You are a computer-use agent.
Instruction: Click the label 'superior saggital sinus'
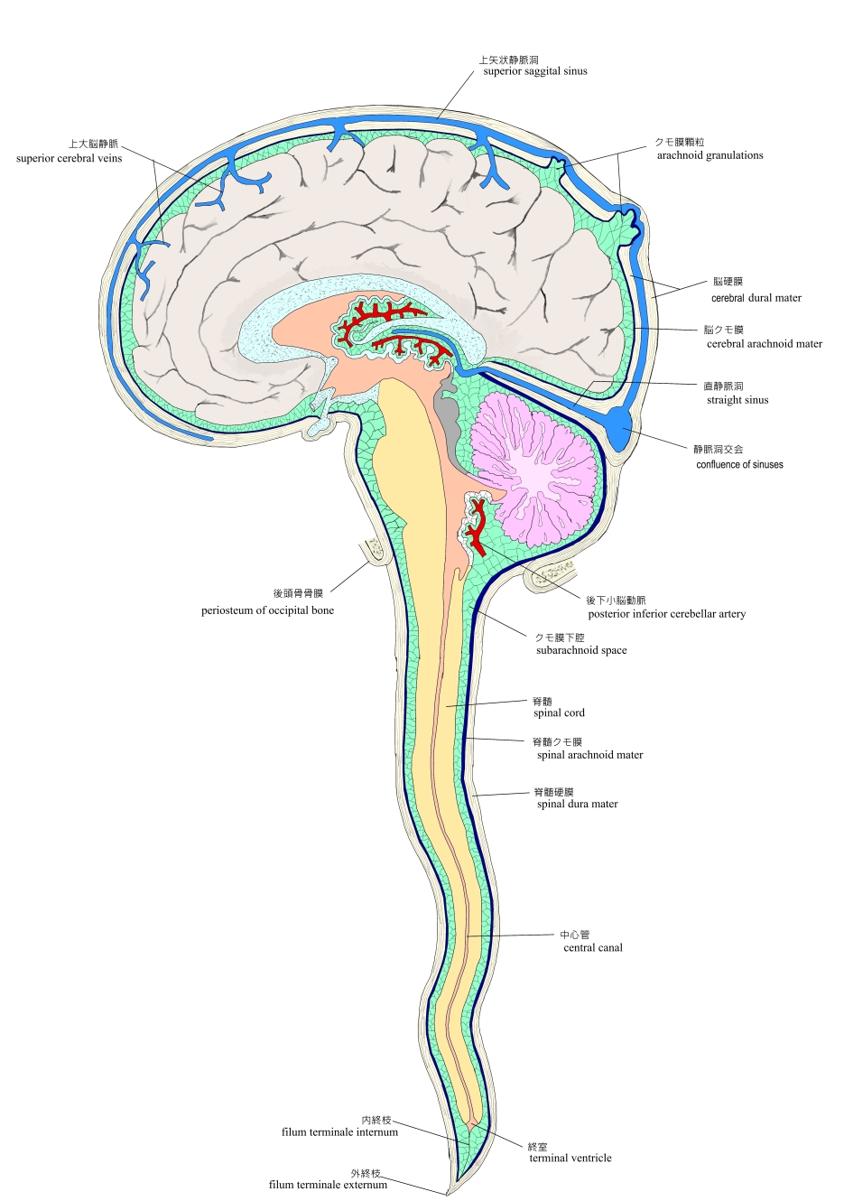click(x=534, y=71)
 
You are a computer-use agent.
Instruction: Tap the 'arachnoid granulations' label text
click(x=710, y=155)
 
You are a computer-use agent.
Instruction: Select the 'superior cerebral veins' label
click(x=69, y=158)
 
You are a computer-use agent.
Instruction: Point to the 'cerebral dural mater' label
click(x=756, y=298)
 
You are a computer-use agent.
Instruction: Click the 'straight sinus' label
click(x=737, y=400)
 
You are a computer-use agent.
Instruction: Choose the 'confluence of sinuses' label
click(x=739, y=465)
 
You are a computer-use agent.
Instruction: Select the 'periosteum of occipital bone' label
click(x=267, y=610)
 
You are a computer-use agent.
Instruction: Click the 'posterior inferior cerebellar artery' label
click(x=666, y=614)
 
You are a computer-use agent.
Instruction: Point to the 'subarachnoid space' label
click(x=580, y=650)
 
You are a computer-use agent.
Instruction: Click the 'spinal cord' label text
click(x=559, y=712)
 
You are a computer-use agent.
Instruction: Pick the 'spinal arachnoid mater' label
click(x=589, y=755)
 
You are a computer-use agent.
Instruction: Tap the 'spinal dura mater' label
click(x=577, y=804)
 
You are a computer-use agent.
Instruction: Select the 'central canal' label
click(x=592, y=947)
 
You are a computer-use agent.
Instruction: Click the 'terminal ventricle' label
click(x=570, y=1158)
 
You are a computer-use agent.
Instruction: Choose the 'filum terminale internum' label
click(x=339, y=1131)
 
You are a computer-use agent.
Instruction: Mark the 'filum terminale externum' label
click(x=328, y=1185)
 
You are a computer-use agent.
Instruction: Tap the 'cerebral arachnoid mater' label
click(x=764, y=344)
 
